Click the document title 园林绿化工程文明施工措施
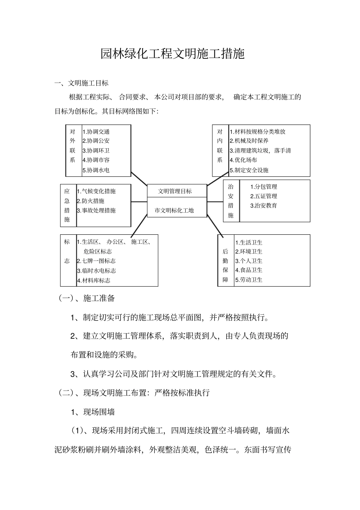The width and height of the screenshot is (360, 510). click(172, 54)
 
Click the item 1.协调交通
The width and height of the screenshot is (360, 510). click(96, 132)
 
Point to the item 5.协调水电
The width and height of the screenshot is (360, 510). click(96, 170)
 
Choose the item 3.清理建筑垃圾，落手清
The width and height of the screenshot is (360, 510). click(260, 151)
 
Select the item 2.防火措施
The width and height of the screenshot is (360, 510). click(91, 201)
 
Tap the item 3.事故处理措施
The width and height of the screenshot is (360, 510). click(96, 210)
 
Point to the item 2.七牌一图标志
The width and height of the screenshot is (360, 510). click(96, 261)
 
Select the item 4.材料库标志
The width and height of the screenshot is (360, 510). click(94, 281)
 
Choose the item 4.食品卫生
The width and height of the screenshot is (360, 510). click(249, 270)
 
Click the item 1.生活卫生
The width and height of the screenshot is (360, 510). click(249, 242)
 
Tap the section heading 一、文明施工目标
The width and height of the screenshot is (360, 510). click(81, 83)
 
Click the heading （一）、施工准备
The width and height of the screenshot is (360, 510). click(86, 298)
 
